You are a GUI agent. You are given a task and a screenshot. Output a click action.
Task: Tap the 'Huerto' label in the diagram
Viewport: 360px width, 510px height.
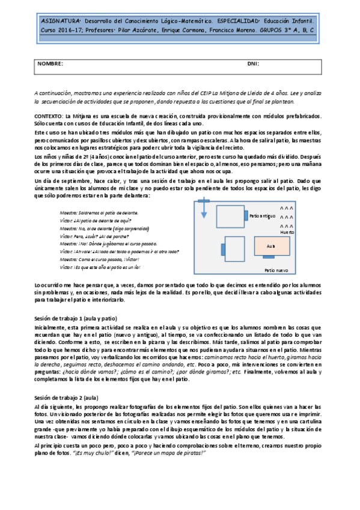287,232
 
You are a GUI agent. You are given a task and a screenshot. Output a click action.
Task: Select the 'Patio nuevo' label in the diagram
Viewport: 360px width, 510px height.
276,271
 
